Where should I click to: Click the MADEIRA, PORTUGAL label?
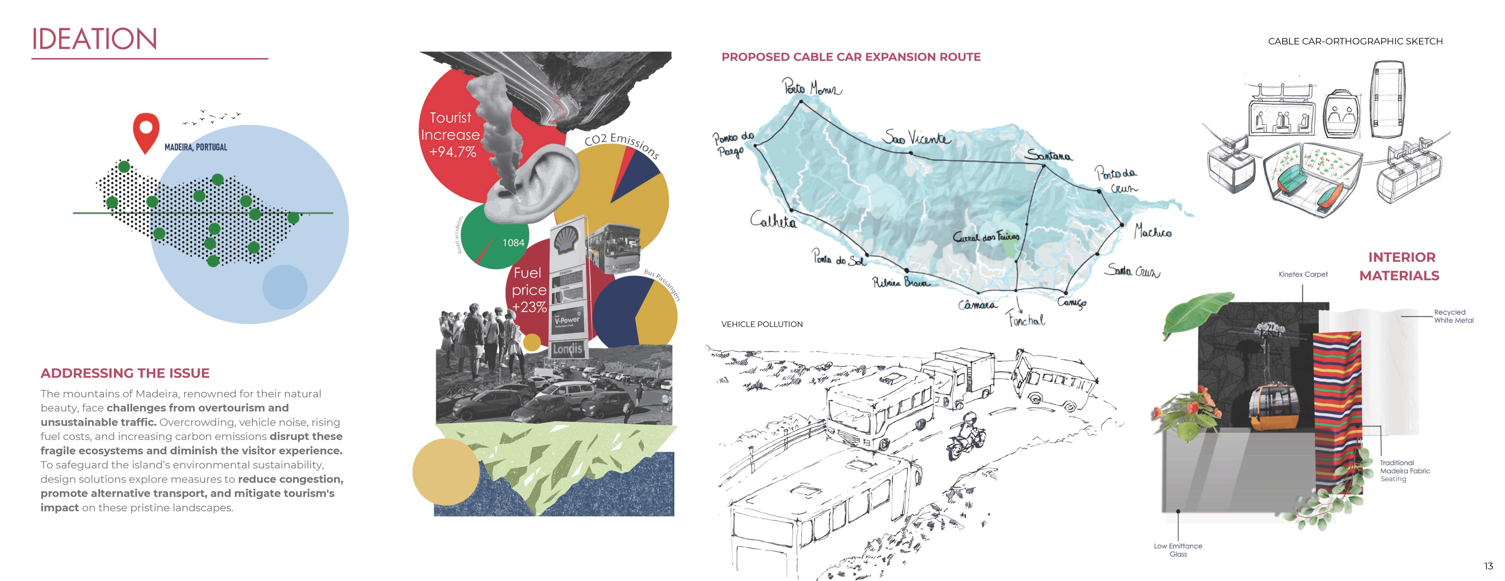(196, 147)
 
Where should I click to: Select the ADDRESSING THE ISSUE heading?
(125, 373)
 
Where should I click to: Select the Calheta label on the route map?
(773, 221)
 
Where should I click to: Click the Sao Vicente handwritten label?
(916, 138)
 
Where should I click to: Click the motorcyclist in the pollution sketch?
(965, 435)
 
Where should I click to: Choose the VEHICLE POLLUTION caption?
(762, 324)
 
